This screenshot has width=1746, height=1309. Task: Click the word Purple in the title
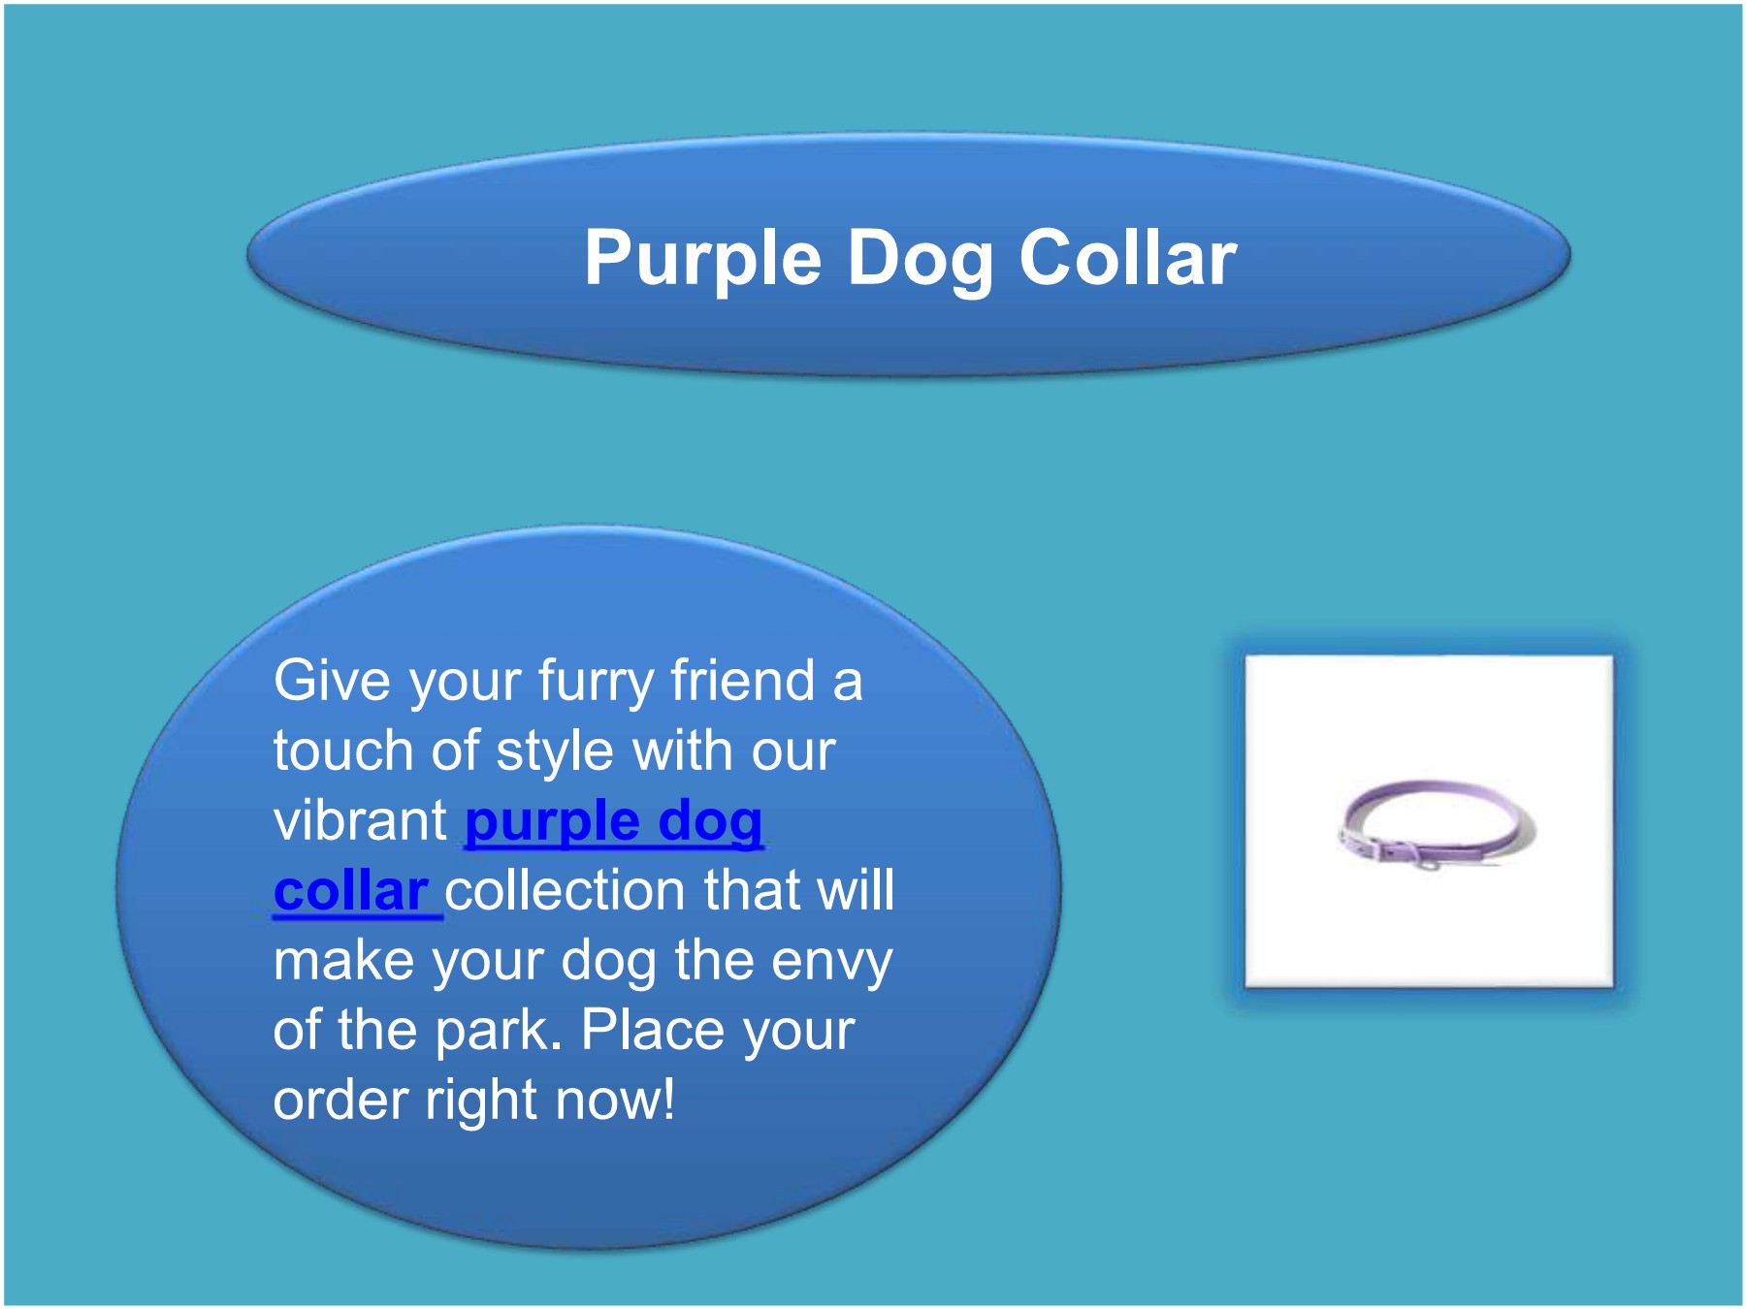(702, 259)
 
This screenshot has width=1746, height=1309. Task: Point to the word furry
(596, 682)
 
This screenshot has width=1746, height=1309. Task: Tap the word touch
(343, 750)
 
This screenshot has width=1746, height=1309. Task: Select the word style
(554, 752)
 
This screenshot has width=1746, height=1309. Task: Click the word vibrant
(360, 820)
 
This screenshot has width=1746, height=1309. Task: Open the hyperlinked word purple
(551, 822)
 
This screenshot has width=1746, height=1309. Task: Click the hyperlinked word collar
(351, 890)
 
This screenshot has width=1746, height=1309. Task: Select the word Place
(645, 1030)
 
